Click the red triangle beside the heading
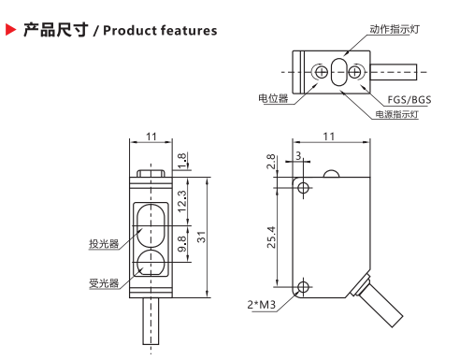pos(10,30)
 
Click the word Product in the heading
pos(130,31)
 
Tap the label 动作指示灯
pos(395,29)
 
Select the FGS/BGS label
pos(409,100)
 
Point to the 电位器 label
pos(273,98)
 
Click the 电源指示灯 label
pos(396,114)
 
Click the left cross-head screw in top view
pos(321,72)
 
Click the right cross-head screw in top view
pos(354,72)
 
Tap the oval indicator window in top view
pos(338,72)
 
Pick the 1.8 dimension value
pos(181,160)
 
